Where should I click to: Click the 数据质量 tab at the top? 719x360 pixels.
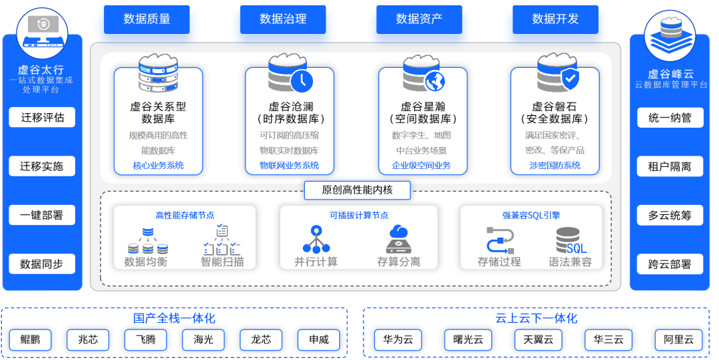click(x=146, y=19)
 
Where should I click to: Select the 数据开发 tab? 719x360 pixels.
click(x=555, y=19)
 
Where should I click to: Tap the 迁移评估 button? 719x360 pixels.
click(x=42, y=118)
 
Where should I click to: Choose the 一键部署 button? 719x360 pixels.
click(x=42, y=215)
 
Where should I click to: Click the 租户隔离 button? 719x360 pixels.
click(x=670, y=166)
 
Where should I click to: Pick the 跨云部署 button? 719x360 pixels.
click(x=670, y=264)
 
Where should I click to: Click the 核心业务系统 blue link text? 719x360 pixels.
click(x=158, y=166)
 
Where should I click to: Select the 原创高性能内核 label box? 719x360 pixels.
click(x=357, y=190)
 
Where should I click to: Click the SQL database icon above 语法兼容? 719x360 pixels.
click(x=571, y=240)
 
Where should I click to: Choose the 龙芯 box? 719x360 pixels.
click(x=261, y=339)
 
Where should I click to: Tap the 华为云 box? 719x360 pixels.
click(x=398, y=339)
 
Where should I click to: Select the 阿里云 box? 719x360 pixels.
click(x=678, y=339)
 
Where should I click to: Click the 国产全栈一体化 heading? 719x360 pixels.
click(x=174, y=319)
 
